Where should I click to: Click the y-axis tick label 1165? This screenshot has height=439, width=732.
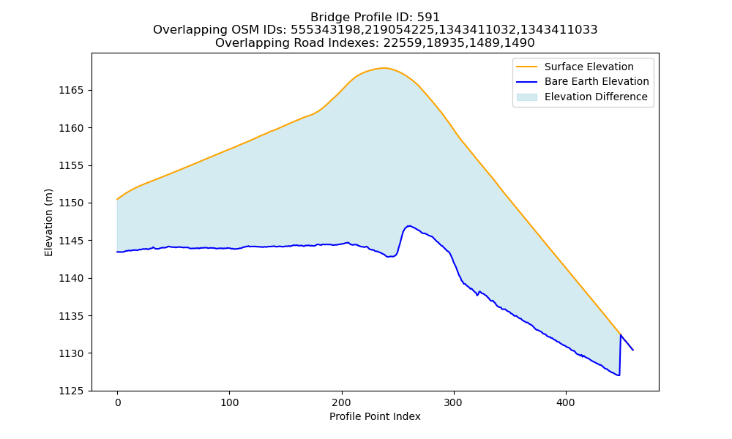(x=71, y=90)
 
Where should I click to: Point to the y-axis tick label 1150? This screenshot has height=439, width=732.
(x=71, y=203)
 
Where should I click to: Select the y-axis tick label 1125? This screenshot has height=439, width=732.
(x=71, y=391)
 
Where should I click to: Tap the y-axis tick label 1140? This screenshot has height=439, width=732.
(x=71, y=278)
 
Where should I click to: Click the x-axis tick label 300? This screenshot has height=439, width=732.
(x=454, y=402)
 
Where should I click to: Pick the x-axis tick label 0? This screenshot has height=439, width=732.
(x=117, y=402)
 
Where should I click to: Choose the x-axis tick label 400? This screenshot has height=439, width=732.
(x=566, y=402)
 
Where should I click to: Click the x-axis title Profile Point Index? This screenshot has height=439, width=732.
(x=375, y=416)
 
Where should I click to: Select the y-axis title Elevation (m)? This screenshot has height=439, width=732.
(x=48, y=222)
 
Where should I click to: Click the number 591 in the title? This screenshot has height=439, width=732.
(x=428, y=18)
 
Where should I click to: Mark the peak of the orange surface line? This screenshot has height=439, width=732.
(x=384, y=68)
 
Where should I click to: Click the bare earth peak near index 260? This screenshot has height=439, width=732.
(x=409, y=226)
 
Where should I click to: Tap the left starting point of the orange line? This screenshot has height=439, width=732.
(x=117, y=199)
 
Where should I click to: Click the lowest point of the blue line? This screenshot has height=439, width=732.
(x=619, y=375)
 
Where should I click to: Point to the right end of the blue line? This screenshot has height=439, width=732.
(x=633, y=350)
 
